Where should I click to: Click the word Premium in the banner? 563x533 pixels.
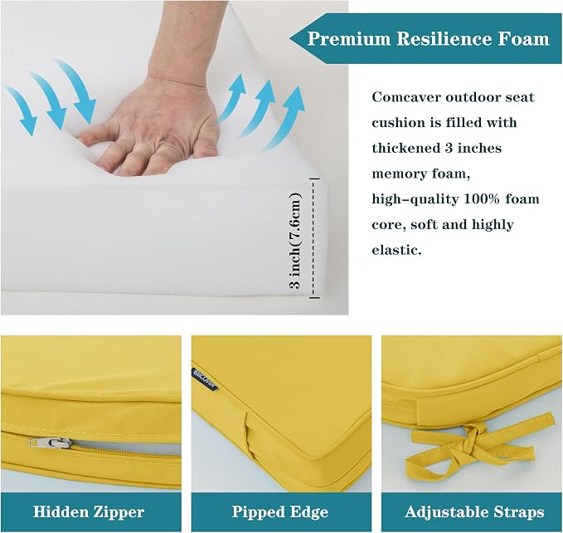(348, 38)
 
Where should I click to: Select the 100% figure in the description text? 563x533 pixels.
(482, 198)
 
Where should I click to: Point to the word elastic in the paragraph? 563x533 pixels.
(396, 250)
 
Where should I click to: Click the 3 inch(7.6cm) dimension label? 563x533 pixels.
(295, 241)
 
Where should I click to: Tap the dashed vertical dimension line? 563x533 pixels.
(314, 238)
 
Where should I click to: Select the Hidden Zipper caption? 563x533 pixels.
(89, 511)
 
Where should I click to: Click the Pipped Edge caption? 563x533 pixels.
(280, 511)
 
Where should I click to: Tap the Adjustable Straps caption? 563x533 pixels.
(474, 511)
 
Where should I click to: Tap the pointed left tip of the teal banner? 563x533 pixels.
(290, 38)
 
